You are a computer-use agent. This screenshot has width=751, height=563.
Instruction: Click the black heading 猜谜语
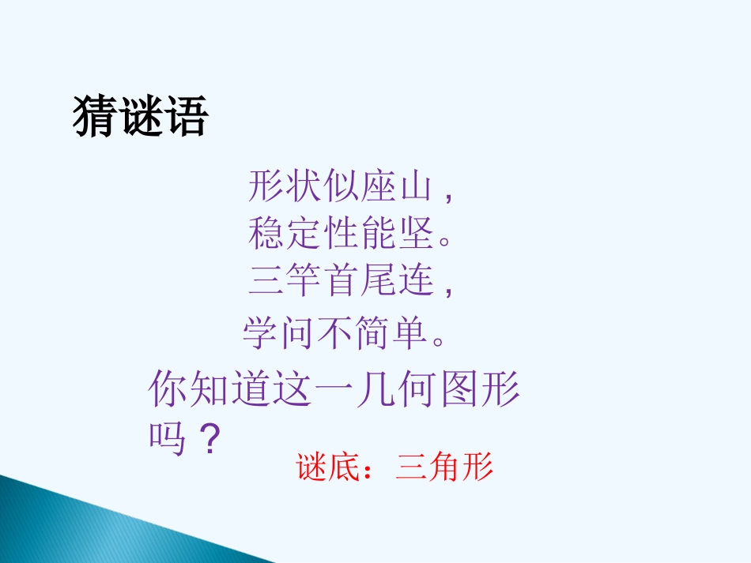point(140,118)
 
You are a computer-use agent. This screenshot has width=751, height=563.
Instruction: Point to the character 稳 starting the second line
point(266,234)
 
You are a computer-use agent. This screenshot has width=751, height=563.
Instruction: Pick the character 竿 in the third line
point(304,280)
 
